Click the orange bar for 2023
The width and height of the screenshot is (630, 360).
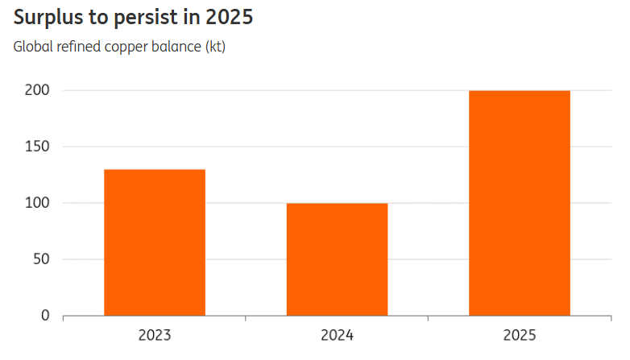tap(155, 242)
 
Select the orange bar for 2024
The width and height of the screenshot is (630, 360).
tap(337, 259)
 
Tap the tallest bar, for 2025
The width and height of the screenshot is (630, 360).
tap(520, 203)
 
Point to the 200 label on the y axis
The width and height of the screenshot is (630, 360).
tap(37, 90)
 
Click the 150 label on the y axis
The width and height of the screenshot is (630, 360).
tap(37, 147)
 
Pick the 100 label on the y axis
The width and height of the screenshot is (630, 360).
tap(37, 203)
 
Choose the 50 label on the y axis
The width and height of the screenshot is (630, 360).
tap(41, 259)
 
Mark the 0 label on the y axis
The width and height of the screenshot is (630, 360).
tap(45, 316)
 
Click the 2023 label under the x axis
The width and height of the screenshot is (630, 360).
tap(155, 335)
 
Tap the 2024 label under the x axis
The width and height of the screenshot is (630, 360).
tap(337, 335)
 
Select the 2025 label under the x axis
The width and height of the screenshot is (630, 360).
tap(520, 335)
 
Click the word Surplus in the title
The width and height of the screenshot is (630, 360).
tap(48, 18)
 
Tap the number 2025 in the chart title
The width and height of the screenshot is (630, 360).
tap(230, 17)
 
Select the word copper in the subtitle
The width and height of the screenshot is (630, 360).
tap(126, 48)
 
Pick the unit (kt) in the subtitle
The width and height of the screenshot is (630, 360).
tap(215, 47)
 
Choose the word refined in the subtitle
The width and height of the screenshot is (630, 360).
tap(78, 47)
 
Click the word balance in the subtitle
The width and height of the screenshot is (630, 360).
tap(176, 47)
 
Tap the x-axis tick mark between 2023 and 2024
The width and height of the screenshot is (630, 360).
tap(246, 318)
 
